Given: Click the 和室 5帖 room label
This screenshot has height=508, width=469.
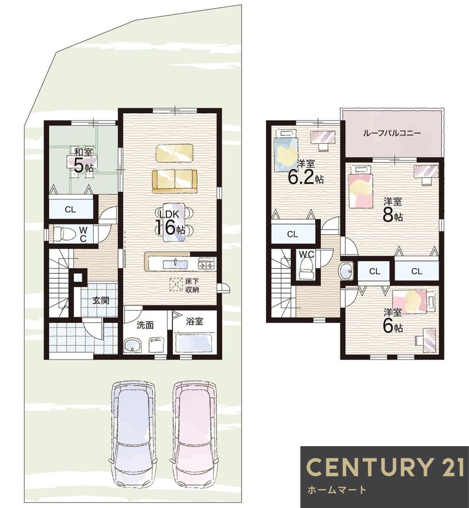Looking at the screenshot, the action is pos(83,160).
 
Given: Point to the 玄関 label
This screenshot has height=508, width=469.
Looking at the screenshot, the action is pos(101,300).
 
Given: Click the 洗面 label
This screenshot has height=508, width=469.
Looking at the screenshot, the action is pos(144,325).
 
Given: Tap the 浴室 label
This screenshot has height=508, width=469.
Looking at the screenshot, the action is pos(195,321).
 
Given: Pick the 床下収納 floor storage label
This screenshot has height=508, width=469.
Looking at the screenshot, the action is pos(192,285).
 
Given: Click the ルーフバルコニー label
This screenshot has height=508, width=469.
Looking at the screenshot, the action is pos(392,133).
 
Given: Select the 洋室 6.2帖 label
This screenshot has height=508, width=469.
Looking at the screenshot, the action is pos(305,172).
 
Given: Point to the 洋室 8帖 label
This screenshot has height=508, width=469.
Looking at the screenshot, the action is pos(393,210).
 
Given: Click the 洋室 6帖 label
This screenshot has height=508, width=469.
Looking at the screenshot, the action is pos(393,321).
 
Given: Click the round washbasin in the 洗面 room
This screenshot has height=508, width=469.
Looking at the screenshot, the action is pos(133,346).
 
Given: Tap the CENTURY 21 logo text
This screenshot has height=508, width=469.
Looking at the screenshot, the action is pos(386,467).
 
